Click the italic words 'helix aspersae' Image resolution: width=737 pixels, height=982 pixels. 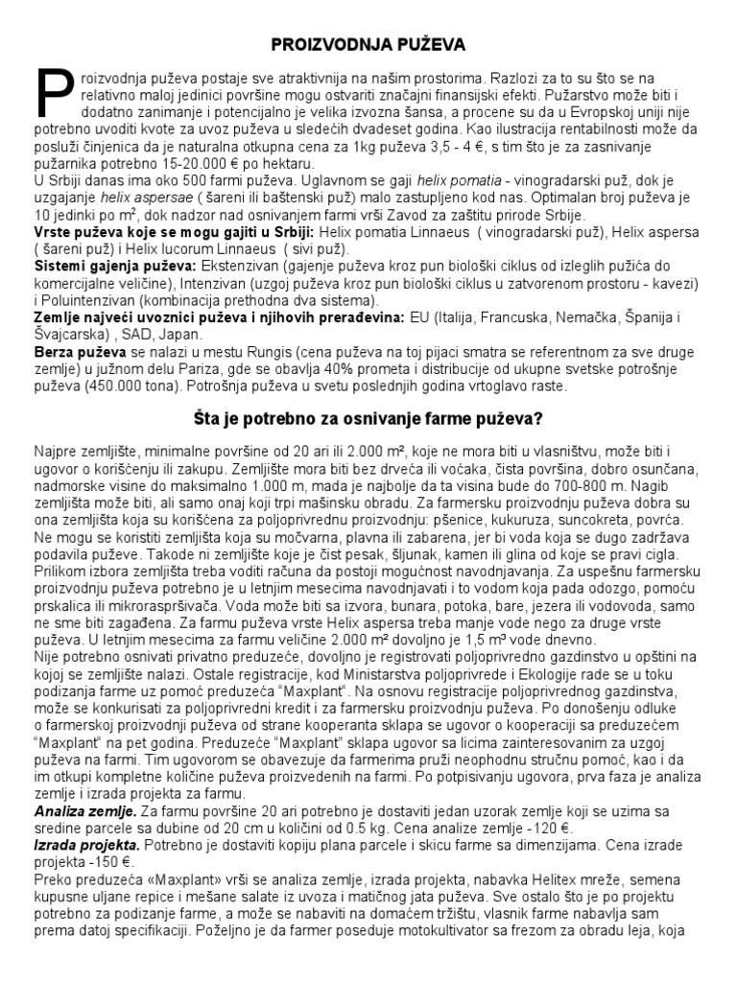(x=147, y=198)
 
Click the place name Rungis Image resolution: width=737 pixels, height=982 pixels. (x=261, y=353)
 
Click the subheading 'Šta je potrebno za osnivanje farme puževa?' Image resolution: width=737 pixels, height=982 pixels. (x=368, y=419)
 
